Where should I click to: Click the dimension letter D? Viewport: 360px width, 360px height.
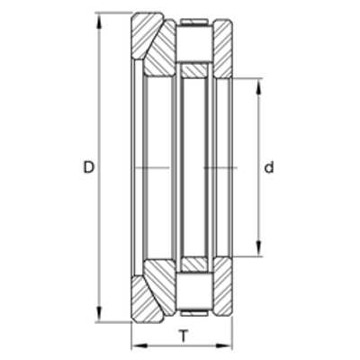(x=89, y=167)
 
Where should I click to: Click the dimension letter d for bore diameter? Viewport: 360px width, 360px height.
(x=269, y=167)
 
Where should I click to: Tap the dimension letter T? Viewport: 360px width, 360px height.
(x=183, y=336)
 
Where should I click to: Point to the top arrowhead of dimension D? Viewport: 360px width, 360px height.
(x=100, y=21)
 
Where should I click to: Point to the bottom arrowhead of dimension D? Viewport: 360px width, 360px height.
(x=100, y=314)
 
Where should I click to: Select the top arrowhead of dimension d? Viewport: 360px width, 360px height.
(x=258, y=86)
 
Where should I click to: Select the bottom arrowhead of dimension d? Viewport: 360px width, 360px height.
(x=258, y=248)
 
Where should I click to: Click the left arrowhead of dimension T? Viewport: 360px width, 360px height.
(x=139, y=346)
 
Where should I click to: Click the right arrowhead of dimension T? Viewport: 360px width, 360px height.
(x=224, y=346)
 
